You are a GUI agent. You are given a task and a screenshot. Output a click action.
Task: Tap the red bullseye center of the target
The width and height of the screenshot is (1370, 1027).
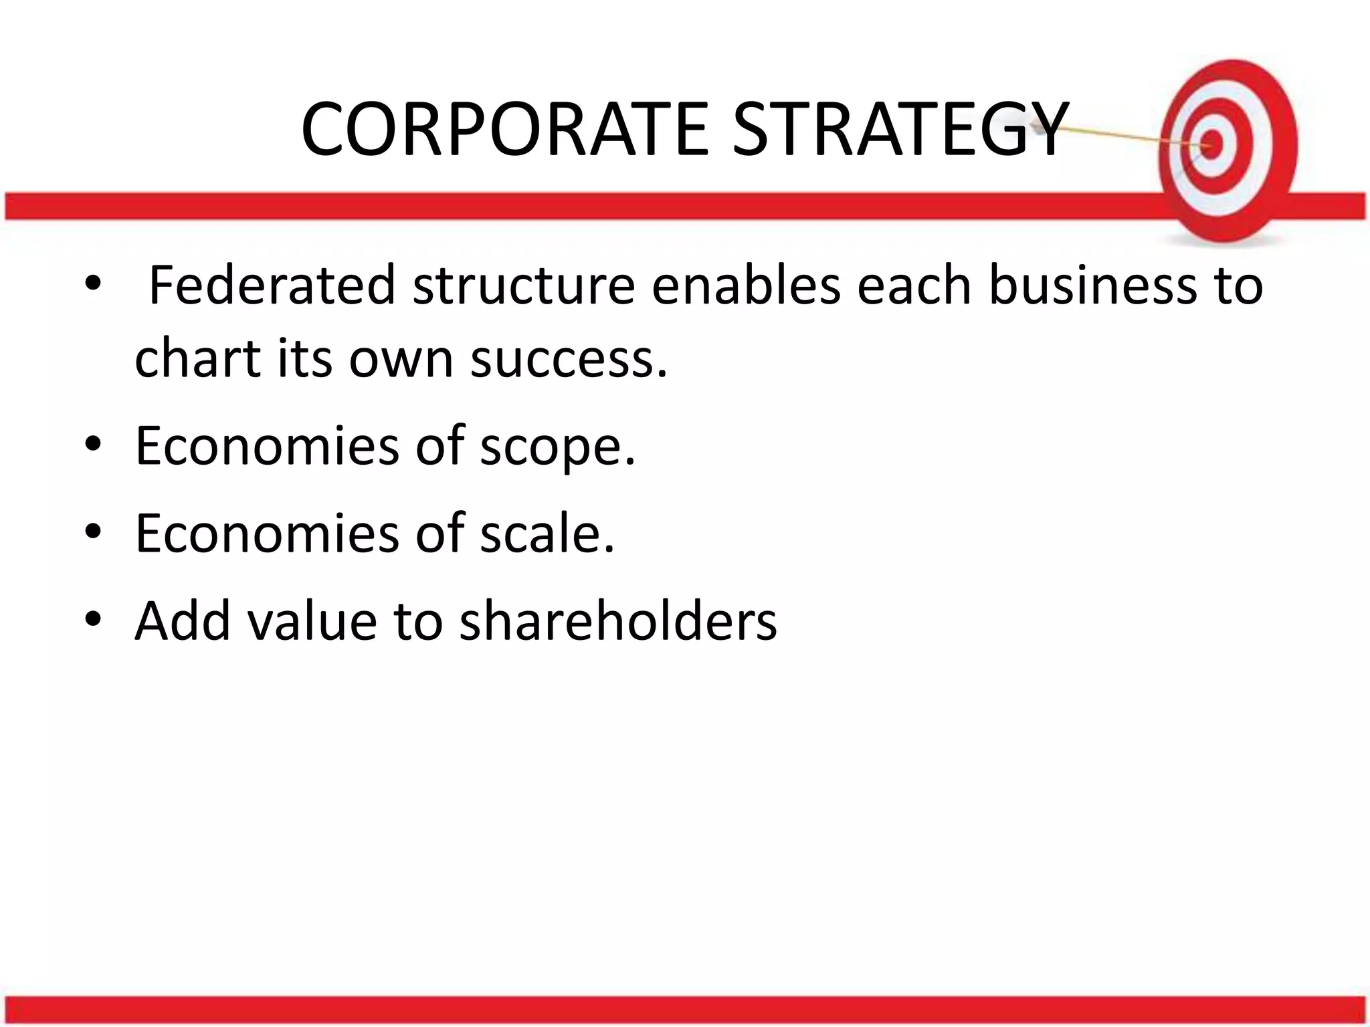click(1211, 144)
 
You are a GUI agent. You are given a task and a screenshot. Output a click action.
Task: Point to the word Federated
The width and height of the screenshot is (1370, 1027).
click(272, 286)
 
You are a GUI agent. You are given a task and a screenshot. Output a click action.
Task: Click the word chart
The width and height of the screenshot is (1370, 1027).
click(197, 358)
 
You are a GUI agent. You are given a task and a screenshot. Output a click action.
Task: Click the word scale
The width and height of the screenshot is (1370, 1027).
click(547, 533)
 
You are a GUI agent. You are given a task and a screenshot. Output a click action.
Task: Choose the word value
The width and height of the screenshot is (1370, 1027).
click(312, 620)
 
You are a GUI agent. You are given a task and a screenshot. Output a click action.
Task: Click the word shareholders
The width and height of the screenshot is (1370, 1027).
click(618, 620)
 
